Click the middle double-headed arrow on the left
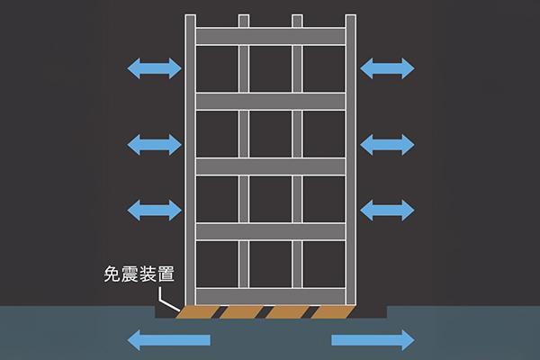click(x=153, y=143)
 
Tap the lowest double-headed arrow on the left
click(x=153, y=210)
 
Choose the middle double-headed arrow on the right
click(x=387, y=143)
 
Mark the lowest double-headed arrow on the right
click(x=387, y=210)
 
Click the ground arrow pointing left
click(x=169, y=340)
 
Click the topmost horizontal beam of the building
click(x=270, y=36)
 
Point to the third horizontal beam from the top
click(x=270, y=166)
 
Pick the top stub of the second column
click(x=243, y=21)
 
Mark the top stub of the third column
click(x=297, y=21)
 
